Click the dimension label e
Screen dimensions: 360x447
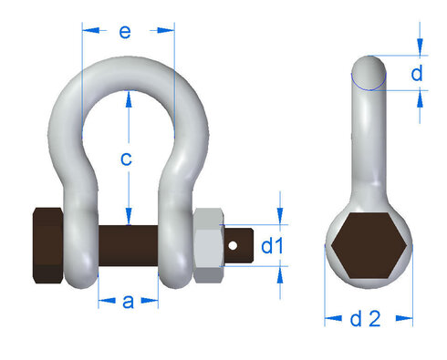tap(126, 32)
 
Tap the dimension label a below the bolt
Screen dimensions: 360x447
tap(128, 302)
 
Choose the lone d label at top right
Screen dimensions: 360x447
tap(417, 74)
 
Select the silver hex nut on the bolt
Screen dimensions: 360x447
tap(209, 245)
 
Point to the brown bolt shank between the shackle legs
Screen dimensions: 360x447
tap(128, 245)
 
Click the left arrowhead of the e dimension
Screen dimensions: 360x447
tap(87, 30)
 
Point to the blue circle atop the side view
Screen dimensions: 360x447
tap(369, 74)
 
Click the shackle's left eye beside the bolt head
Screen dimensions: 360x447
tap(80, 245)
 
